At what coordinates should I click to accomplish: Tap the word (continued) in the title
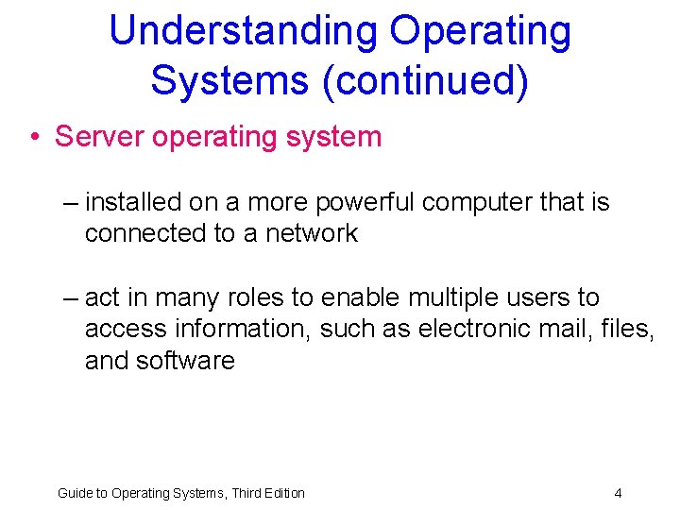coord(425,79)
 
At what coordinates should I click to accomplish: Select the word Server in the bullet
coord(100,137)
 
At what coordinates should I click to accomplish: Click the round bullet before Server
coord(34,138)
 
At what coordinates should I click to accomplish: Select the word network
coord(311,232)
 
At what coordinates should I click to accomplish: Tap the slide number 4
coord(618,493)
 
